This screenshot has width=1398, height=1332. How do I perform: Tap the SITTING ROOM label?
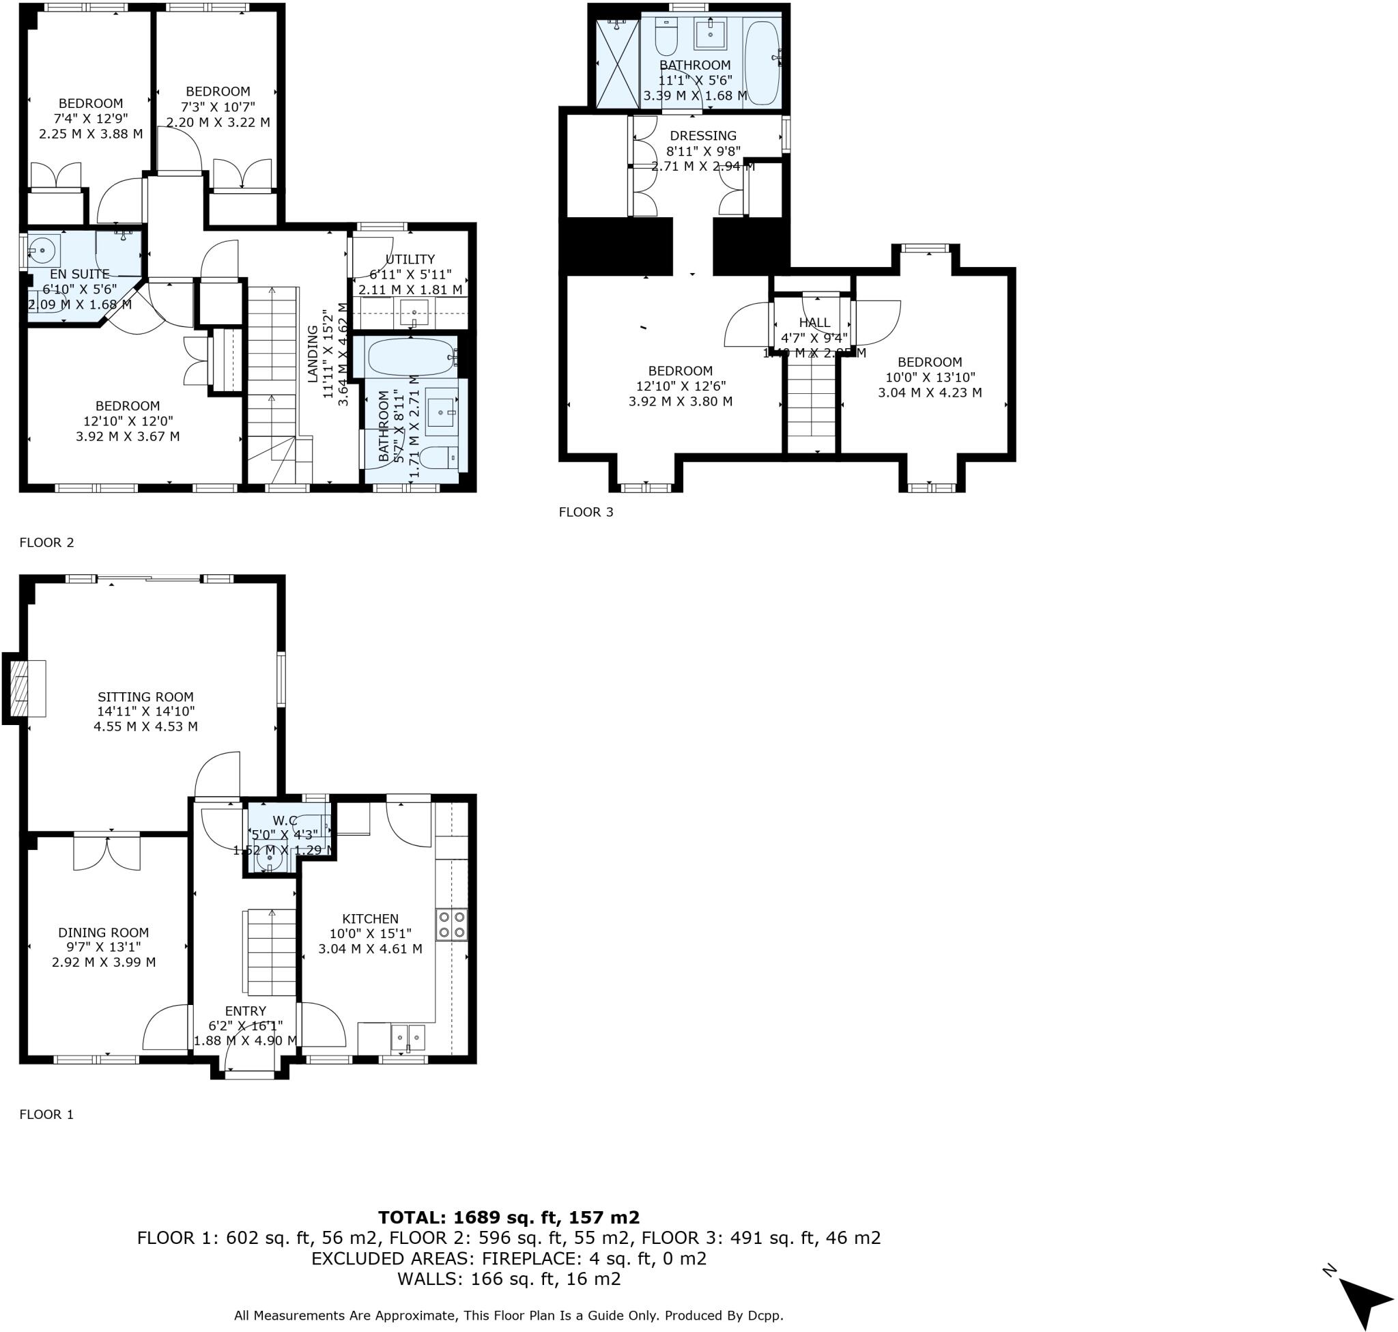[x=145, y=696]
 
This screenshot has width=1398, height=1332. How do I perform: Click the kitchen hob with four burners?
[x=452, y=924]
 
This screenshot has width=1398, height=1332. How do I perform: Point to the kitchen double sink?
[x=408, y=1037]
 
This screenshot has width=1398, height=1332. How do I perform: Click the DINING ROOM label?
[x=104, y=932]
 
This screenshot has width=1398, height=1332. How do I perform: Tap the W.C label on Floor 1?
[x=284, y=821]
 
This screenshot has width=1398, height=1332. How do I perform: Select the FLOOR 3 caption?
[x=586, y=512]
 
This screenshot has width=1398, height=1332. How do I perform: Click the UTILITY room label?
[x=410, y=259]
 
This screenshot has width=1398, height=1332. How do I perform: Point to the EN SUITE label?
[x=79, y=274]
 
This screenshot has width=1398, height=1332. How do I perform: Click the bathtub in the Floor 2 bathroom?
[x=411, y=356]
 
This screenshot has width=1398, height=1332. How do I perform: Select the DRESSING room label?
[x=703, y=136]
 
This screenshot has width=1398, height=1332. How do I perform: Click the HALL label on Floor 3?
[x=814, y=322]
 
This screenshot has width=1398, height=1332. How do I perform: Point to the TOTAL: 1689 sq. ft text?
[x=509, y=1218]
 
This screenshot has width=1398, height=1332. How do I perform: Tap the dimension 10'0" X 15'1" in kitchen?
[x=370, y=934]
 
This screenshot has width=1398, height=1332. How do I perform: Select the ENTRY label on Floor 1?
[x=246, y=1011]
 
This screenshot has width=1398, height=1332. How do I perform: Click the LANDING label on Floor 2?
[x=313, y=354]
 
